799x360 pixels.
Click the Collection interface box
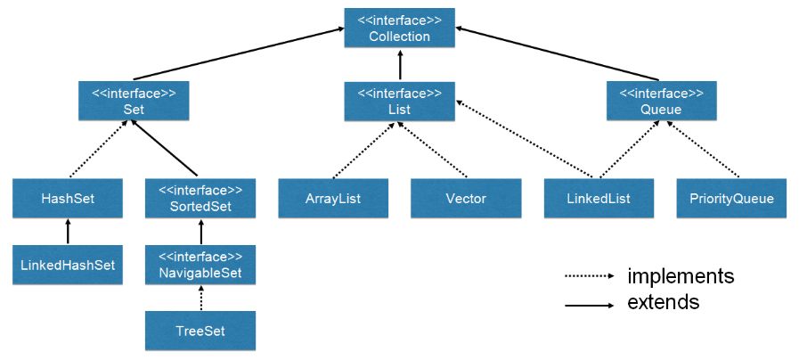tap(400, 28)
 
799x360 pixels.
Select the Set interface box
tap(135, 101)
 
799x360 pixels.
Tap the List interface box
tap(400, 101)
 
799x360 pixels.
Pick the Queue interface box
tap(662, 101)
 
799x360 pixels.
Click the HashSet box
tap(68, 198)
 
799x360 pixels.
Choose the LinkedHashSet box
tap(68, 265)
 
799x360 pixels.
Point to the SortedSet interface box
tap(200, 198)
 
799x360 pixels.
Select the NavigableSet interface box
tap(200, 265)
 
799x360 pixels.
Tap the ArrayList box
tap(333, 198)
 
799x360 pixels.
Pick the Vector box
tap(466, 198)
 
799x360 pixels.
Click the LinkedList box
tap(599, 198)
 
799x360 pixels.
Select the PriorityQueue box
tap(731, 198)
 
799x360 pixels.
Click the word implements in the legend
tap(681, 275)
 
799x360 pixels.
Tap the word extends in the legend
tap(664, 303)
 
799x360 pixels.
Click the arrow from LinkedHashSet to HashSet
tap(68, 232)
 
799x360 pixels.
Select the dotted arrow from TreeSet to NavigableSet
tap(200, 299)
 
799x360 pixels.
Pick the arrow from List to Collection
tap(400, 65)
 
